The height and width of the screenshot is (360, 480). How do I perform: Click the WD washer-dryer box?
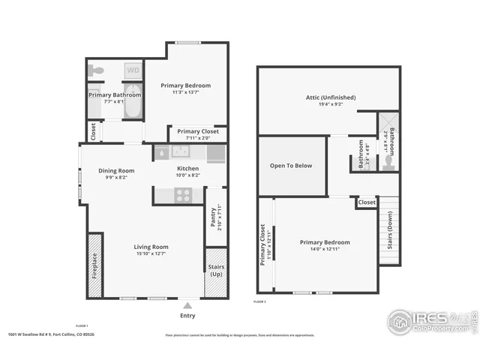(132, 70)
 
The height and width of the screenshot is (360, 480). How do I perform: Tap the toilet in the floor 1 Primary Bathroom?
(95, 70)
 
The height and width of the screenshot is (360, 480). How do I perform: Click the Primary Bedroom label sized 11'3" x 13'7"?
(185, 88)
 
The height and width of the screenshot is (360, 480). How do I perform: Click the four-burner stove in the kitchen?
(184, 195)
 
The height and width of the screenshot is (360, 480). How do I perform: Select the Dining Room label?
(116, 173)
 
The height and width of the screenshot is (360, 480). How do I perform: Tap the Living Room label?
(151, 250)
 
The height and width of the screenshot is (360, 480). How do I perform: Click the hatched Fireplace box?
(95, 265)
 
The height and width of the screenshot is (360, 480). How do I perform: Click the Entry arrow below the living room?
(187, 305)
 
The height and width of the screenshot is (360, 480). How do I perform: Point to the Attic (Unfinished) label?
(330, 100)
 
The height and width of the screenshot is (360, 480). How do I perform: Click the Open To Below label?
(292, 166)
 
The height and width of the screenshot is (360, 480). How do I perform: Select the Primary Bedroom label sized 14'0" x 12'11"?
(325, 245)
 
